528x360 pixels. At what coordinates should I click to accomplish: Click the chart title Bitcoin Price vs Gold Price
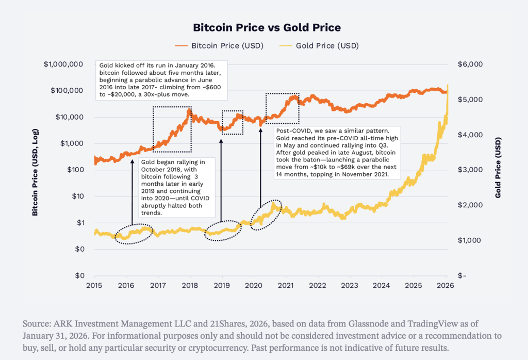(x=267, y=27)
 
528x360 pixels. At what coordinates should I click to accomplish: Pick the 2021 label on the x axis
(x=286, y=285)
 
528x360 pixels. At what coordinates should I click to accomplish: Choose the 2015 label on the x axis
(x=94, y=285)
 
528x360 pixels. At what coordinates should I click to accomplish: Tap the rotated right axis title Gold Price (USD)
(x=498, y=170)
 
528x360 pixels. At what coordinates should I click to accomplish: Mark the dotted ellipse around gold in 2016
(x=133, y=234)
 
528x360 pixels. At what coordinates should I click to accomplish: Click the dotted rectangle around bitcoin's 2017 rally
(x=172, y=126)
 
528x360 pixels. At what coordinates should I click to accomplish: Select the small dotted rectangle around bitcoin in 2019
(x=232, y=122)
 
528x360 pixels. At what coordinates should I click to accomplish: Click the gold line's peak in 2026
(x=448, y=86)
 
